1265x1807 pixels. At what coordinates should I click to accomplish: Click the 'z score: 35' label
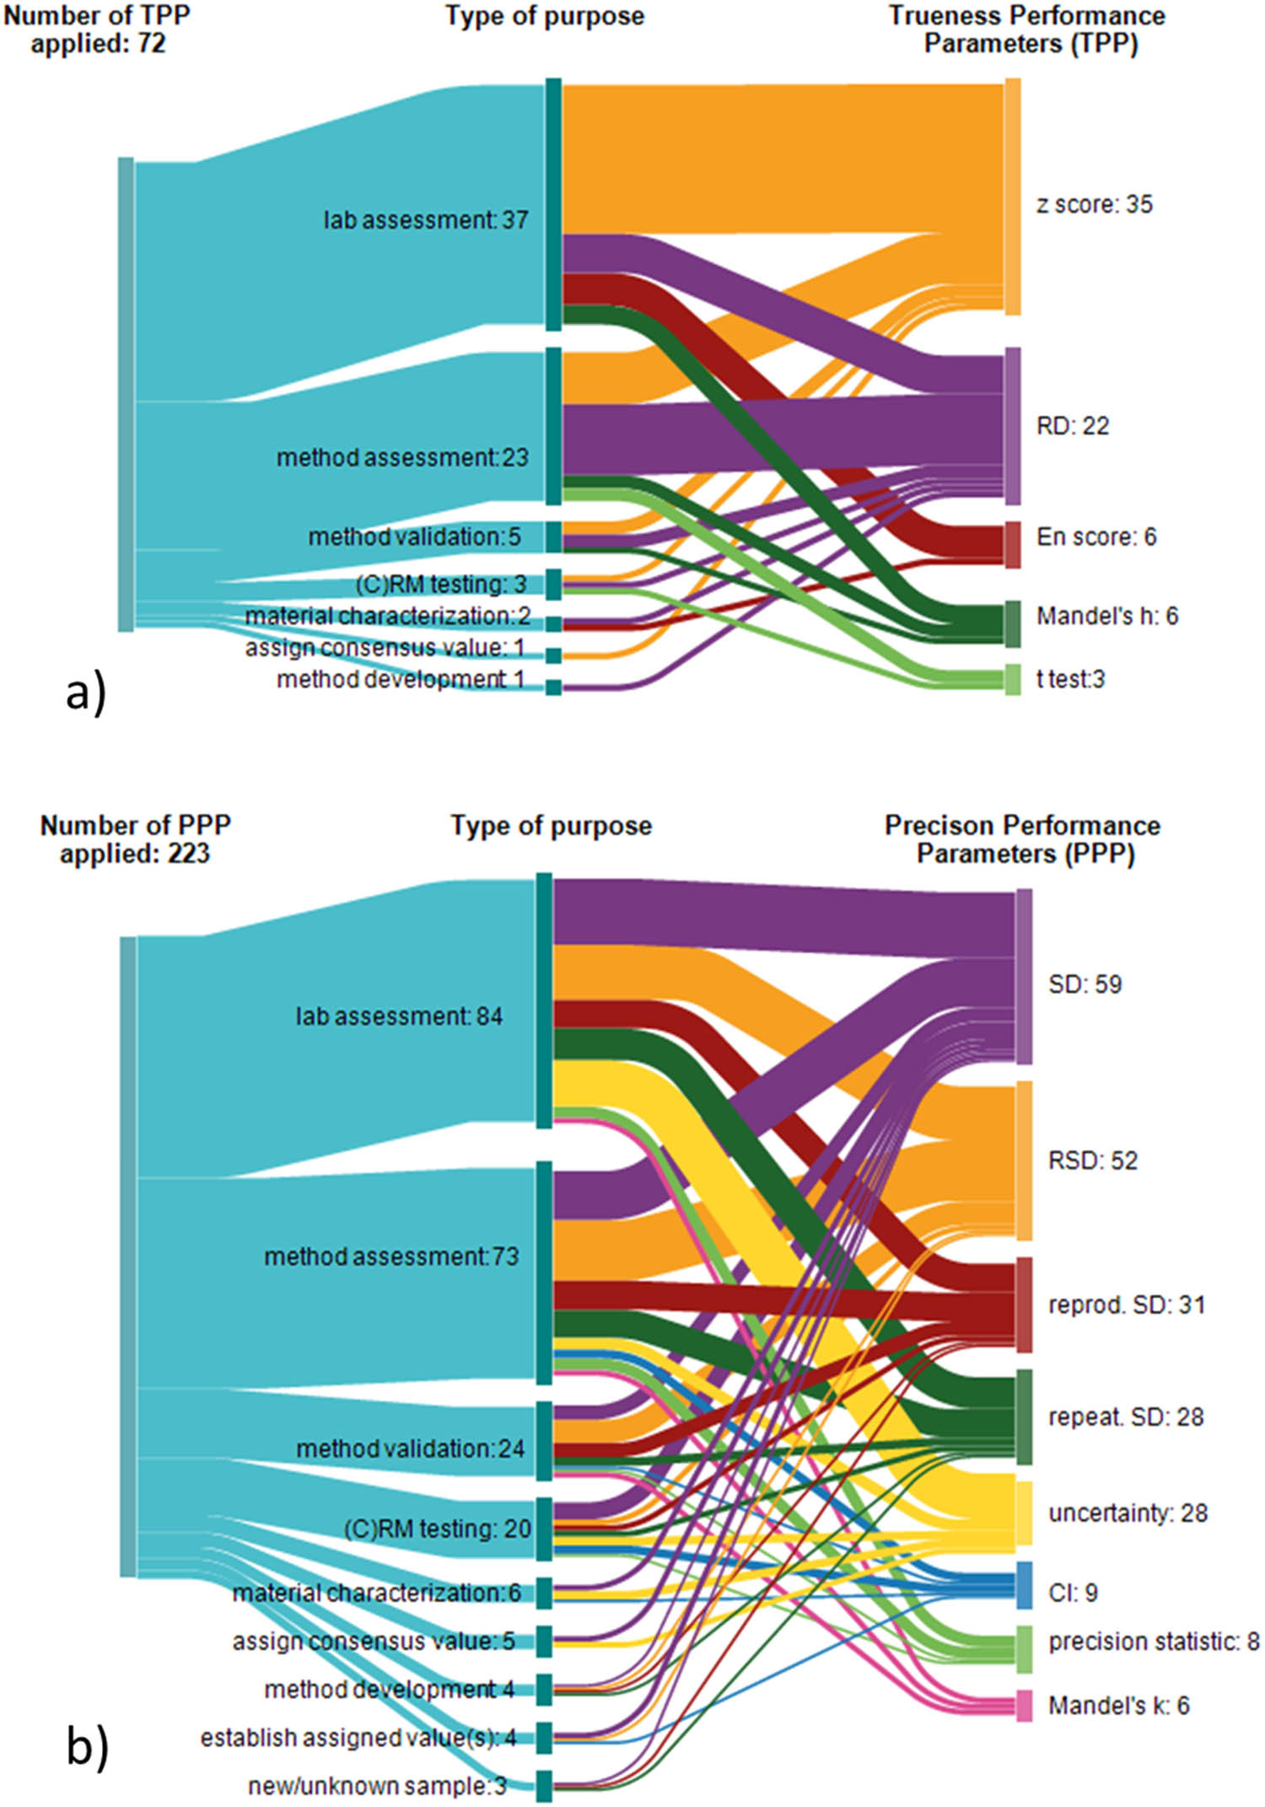pyautogui.click(x=1094, y=204)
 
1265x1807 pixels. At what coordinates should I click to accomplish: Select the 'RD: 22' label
pyautogui.click(x=1072, y=426)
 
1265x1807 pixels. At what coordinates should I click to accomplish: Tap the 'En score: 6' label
pyautogui.click(x=1095, y=537)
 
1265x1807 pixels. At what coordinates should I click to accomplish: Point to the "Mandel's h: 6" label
pyautogui.click(x=1106, y=616)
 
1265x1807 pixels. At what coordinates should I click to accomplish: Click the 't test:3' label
pyautogui.click(x=1070, y=678)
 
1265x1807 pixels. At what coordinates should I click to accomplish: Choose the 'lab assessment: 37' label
pyautogui.click(x=426, y=220)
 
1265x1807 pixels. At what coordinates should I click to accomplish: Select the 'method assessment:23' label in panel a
pyautogui.click(x=402, y=457)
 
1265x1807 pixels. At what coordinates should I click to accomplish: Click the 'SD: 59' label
pyautogui.click(x=1085, y=984)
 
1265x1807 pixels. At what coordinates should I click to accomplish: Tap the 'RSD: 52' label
pyautogui.click(x=1092, y=1160)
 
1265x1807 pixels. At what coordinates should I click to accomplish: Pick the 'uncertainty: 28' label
pyautogui.click(x=1128, y=1513)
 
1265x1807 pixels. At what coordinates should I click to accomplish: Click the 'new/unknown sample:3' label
pyautogui.click(x=377, y=1786)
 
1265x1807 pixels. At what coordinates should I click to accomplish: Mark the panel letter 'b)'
pyautogui.click(x=87, y=1747)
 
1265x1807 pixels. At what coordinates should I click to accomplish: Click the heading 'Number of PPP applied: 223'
pyautogui.click(x=135, y=839)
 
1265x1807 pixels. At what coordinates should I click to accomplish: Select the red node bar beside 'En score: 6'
pyautogui.click(x=1013, y=544)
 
